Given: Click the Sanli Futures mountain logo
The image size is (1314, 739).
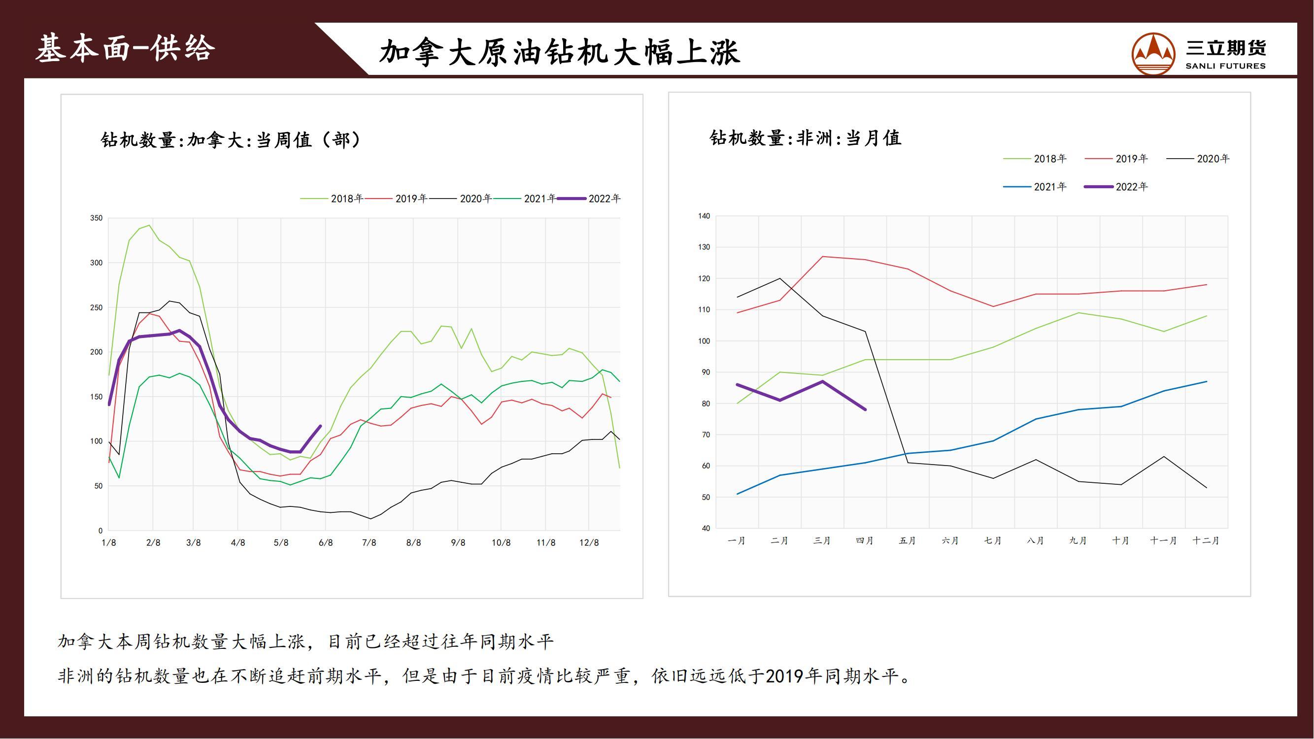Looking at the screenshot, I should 1153,54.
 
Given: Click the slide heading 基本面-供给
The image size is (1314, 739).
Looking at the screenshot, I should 126,49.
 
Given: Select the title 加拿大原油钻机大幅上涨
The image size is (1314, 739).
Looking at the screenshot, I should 560,52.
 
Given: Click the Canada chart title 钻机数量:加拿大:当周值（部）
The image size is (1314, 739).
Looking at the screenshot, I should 231,140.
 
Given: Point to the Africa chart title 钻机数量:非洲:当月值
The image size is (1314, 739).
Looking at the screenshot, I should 805,138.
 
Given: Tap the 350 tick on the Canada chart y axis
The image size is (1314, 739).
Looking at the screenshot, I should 97,218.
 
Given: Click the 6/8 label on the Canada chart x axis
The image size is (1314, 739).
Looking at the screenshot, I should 326,542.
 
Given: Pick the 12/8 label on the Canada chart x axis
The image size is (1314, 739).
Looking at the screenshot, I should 589,542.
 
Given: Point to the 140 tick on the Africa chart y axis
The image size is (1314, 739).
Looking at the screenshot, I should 704,216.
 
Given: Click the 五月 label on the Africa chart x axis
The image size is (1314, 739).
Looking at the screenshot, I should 908,540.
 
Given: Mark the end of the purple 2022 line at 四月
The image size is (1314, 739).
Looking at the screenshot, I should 865,409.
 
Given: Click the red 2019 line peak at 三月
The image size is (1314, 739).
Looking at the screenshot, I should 823,257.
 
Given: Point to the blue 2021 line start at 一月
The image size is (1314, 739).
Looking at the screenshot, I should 738,494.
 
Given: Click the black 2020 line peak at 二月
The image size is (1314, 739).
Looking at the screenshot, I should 780,278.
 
